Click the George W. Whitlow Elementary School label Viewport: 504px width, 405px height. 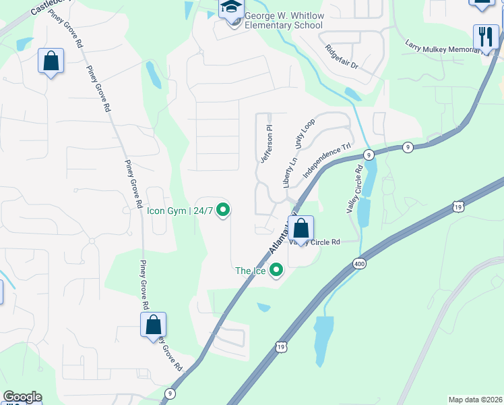(283, 20)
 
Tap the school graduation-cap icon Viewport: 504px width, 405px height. (230, 8)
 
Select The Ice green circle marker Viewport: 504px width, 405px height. (276, 271)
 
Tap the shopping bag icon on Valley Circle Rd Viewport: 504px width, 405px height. (301, 227)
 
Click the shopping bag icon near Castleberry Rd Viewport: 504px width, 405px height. (51, 61)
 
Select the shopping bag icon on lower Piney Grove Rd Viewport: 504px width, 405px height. (154, 325)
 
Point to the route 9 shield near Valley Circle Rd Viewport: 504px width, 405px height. (369, 155)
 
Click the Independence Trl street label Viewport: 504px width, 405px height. (327, 159)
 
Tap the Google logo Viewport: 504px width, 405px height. (22, 397)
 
